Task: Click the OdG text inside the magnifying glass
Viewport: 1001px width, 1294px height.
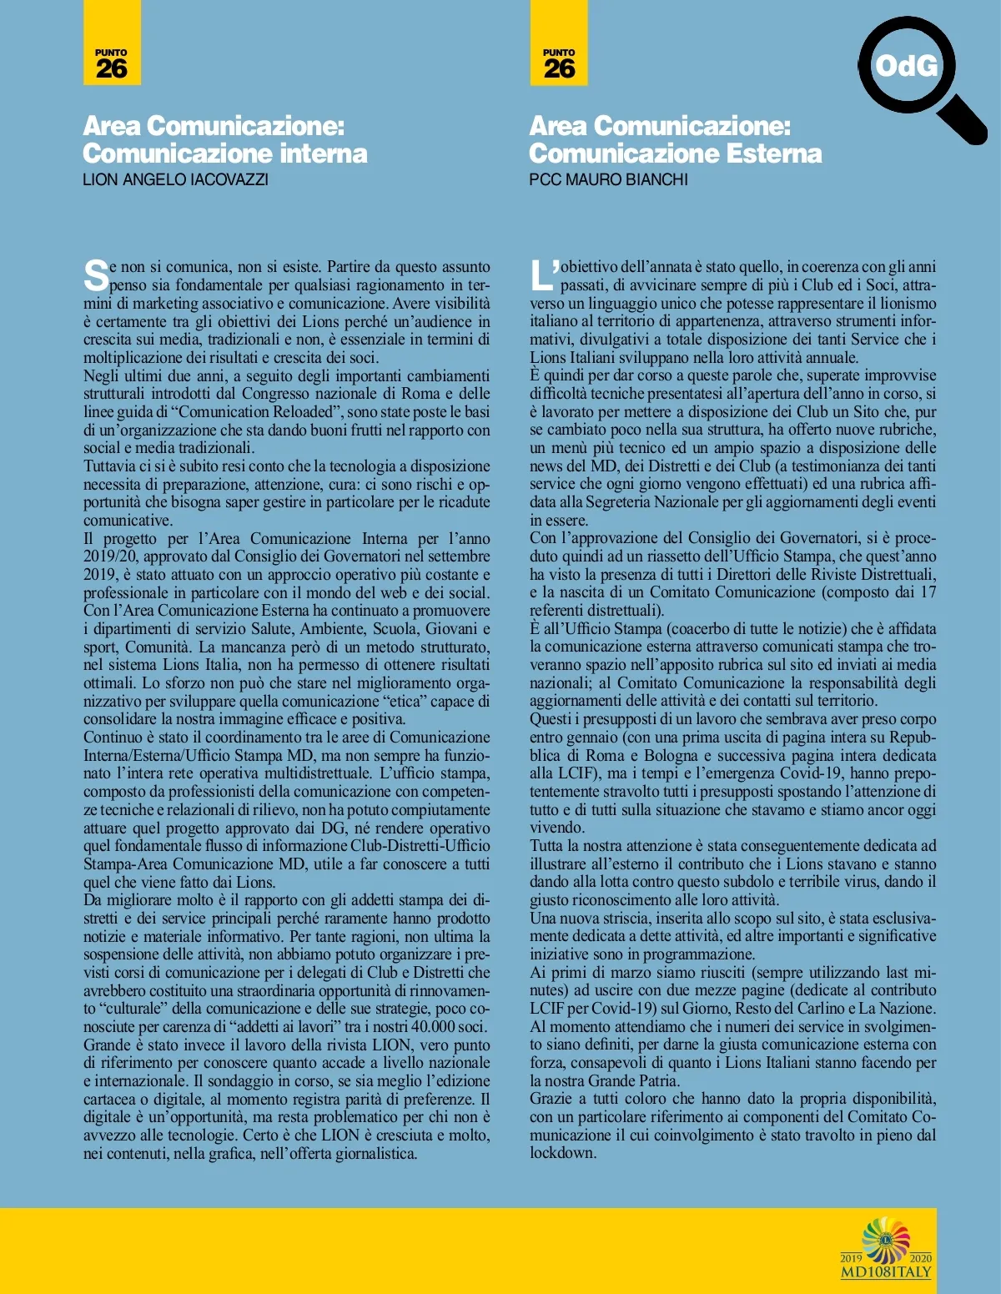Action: click(x=906, y=66)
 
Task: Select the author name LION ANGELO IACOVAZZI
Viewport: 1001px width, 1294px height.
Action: click(x=175, y=179)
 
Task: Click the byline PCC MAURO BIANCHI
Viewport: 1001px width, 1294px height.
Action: click(x=608, y=179)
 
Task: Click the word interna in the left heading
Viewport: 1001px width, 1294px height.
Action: click(x=322, y=154)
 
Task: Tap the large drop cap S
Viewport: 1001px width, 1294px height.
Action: click(x=96, y=275)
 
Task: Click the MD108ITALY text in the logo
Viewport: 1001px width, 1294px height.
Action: click(x=886, y=1272)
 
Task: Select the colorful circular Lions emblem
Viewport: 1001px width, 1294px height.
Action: click(x=886, y=1240)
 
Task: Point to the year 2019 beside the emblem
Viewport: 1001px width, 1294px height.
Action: click(x=851, y=1258)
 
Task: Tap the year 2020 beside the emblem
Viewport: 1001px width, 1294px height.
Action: click(x=920, y=1258)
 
